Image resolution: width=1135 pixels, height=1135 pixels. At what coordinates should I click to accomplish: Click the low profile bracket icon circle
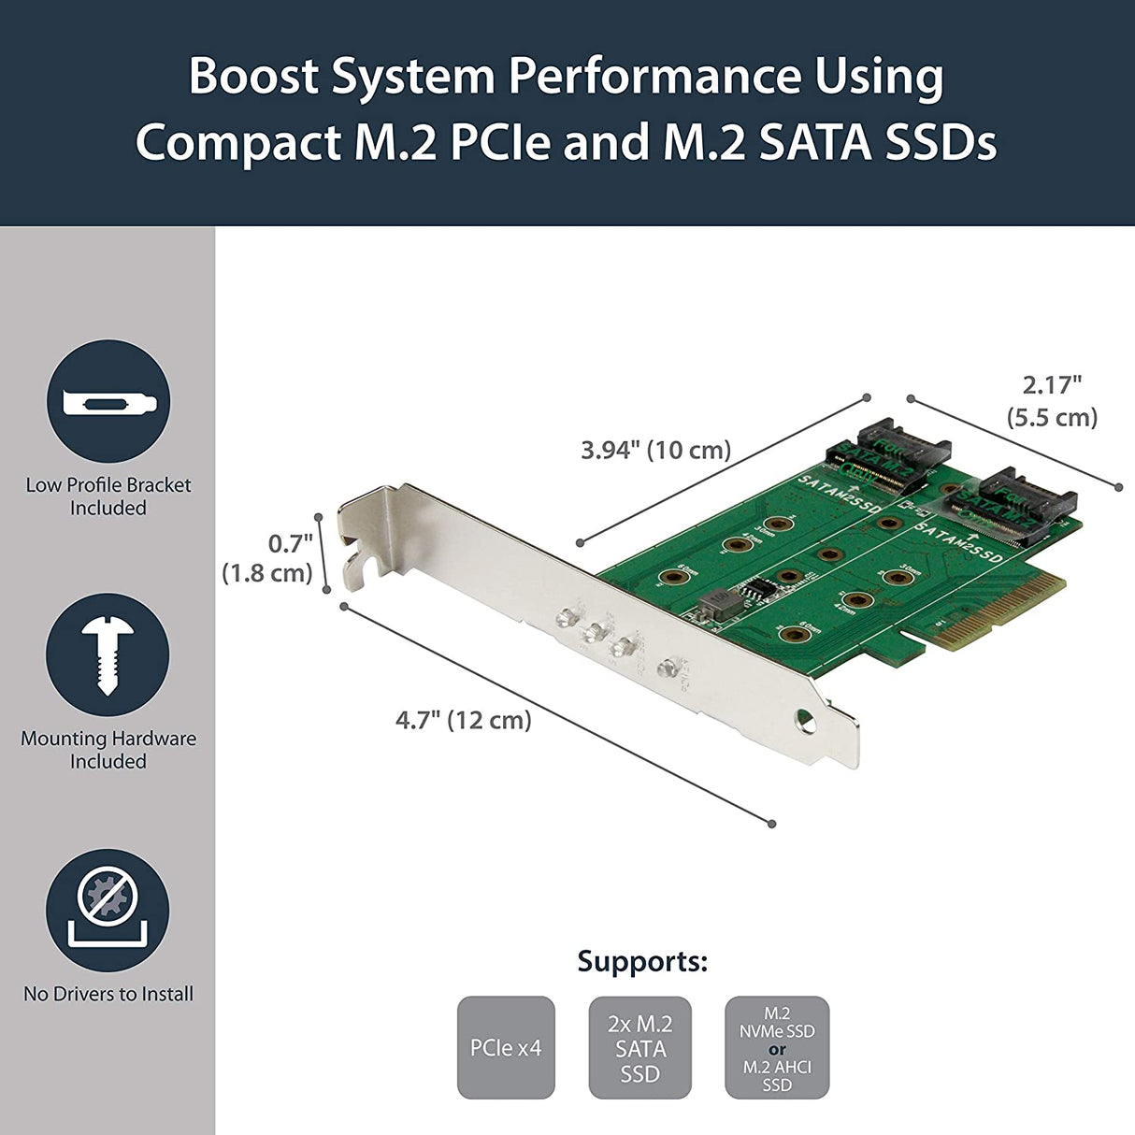[x=108, y=401]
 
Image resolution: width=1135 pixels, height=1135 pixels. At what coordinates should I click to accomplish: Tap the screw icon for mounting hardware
[x=108, y=654]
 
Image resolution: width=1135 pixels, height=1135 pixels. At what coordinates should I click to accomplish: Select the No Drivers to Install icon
[x=108, y=910]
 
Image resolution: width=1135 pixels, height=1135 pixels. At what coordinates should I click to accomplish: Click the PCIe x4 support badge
[x=506, y=1047]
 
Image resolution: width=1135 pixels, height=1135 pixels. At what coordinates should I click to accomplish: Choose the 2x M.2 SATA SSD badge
[x=639, y=1047]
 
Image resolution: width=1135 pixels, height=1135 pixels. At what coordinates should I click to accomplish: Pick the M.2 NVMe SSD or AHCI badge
[x=777, y=1047]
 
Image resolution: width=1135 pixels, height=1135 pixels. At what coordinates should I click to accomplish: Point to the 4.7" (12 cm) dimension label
[x=463, y=720]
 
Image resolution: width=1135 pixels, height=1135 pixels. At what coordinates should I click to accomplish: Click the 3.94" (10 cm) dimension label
[x=655, y=450]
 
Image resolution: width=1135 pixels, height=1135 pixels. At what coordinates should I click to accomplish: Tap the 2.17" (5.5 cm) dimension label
[x=1052, y=400]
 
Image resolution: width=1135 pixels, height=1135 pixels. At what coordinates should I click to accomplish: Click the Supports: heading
[x=642, y=961]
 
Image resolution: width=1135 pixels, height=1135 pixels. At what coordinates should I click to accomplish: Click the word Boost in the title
[x=253, y=76]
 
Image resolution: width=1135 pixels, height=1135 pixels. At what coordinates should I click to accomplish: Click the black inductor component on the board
[x=718, y=600]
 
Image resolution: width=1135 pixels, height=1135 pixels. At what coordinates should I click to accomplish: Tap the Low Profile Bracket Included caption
[x=108, y=496]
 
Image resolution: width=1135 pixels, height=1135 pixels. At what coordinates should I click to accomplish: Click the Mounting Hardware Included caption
[x=108, y=750]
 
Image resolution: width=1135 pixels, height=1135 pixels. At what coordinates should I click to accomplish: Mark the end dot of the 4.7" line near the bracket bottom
[x=771, y=824]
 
